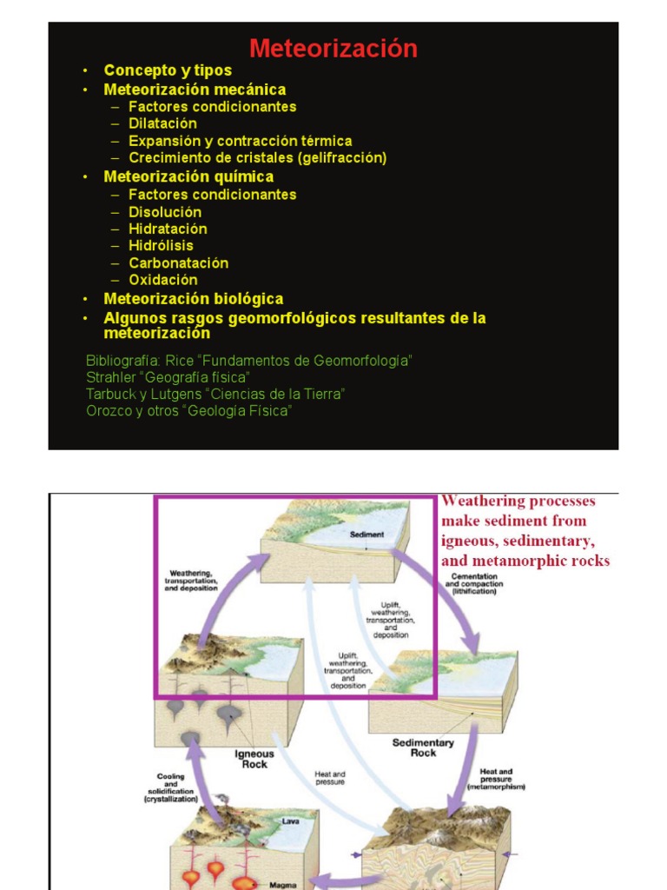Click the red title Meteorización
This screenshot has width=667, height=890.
[333, 49]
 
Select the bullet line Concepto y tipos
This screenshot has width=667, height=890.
[168, 71]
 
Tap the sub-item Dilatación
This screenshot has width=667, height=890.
[162, 123]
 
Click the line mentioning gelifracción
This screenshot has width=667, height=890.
[257, 158]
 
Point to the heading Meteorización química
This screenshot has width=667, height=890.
[188, 177]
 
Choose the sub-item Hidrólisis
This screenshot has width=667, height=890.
[161, 246]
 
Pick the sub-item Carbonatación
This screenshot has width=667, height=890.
[178, 263]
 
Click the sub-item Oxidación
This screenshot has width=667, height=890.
[162, 280]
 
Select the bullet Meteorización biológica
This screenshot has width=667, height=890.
[193, 299]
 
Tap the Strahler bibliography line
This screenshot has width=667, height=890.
[168, 377]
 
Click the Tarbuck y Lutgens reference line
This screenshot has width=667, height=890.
[215, 394]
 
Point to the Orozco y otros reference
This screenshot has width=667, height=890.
[188, 411]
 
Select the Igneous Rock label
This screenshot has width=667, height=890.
[254, 759]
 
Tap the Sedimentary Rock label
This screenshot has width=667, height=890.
[423, 748]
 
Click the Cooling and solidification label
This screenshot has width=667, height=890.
[170, 787]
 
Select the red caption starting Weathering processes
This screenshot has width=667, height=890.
[525, 530]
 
